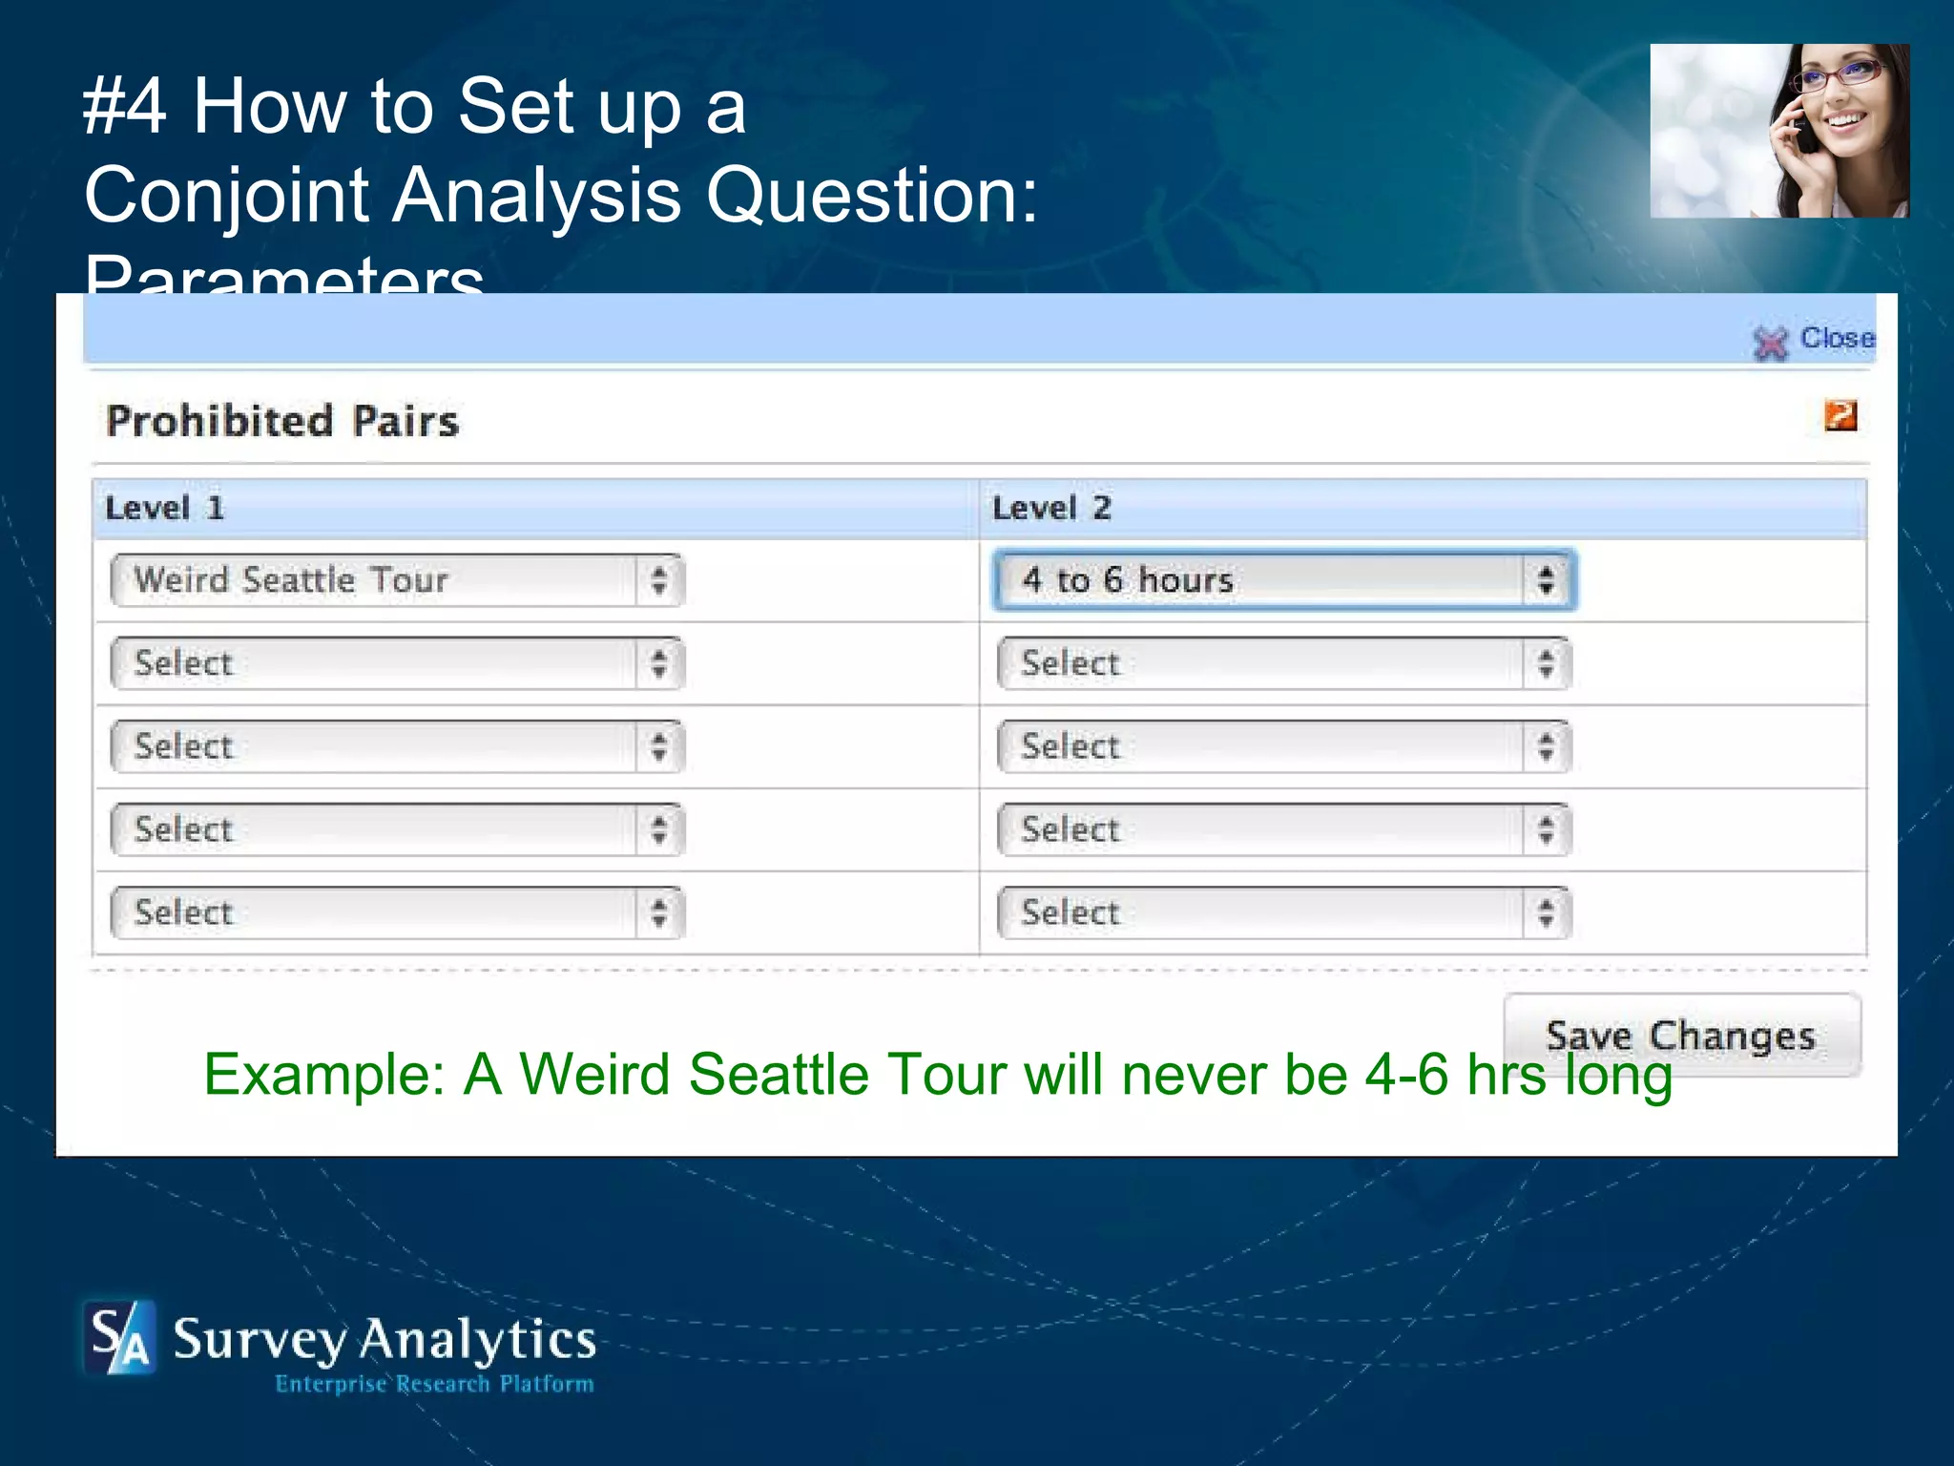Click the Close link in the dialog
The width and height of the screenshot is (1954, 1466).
point(1837,338)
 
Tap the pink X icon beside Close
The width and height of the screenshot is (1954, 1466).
point(1771,343)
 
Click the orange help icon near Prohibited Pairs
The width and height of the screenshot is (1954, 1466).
point(1840,415)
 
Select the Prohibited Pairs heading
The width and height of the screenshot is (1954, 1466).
point(282,421)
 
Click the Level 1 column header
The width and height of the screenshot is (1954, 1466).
point(164,508)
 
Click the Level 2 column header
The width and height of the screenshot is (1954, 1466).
point(1051,508)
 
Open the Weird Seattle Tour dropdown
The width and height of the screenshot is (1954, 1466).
point(397,580)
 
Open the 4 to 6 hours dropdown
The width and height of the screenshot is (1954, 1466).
point(1283,579)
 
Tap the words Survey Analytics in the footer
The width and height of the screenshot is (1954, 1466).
point(385,1339)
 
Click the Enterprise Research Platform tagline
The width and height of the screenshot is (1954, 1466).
point(434,1384)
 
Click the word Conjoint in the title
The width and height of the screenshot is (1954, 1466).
point(229,195)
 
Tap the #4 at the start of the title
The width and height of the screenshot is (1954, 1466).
point(124,106)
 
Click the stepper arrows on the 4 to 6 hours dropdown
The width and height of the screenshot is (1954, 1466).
point(1546,579)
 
